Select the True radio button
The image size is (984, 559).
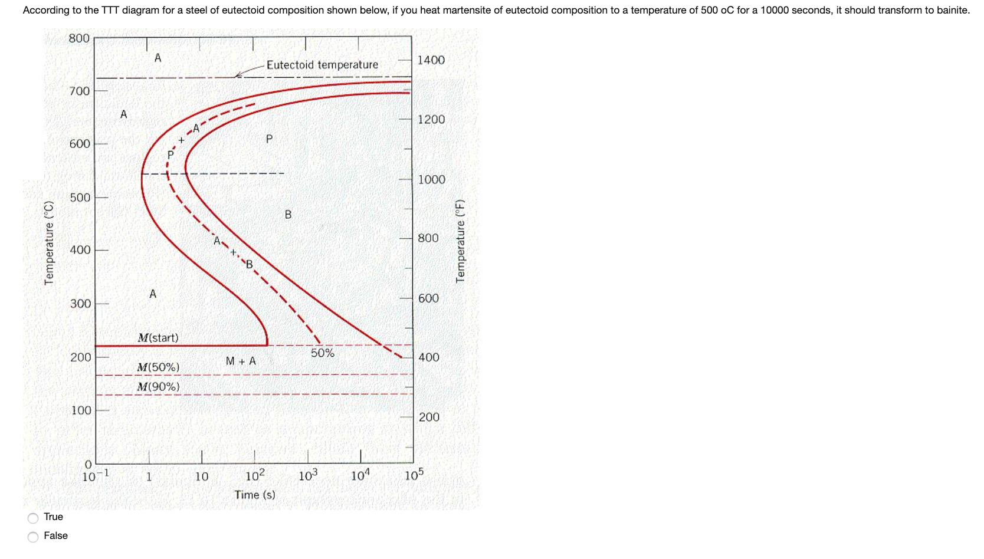click(x=34, y=518)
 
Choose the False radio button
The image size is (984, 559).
click(x=34, y=537)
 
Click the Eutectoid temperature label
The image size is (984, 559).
click(x=322, y=65)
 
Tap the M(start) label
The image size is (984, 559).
click(x=158, y=338)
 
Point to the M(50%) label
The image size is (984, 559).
click(x=158, y=367)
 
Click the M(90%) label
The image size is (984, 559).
click(x=158, y=387)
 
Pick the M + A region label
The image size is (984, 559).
click(x=241, y=361)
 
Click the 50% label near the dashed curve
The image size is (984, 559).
click(x=322, y=353)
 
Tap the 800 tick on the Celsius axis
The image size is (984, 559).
click(x=79, y=39)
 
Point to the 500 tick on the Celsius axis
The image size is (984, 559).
click(x=80, y=198)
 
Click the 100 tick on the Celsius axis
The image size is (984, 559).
click(x=81, y=410)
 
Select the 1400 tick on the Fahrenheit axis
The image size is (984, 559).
click(x=431, y=60)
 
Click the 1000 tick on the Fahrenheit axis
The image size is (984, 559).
click(x=432, y=180)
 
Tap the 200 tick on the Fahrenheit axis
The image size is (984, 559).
click(x=429, y=417)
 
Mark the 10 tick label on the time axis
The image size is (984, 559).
click(x=202, y=476)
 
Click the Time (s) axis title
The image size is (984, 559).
click(x=255, y=495)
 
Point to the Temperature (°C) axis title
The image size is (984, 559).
click(x=49, y=243)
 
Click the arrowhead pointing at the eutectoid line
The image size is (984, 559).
click(x=237, y=75)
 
